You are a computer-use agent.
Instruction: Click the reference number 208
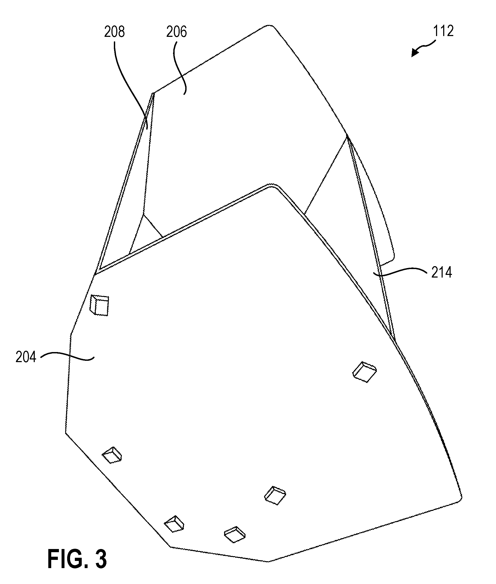point(114,32)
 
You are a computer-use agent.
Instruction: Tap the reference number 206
point(176,32)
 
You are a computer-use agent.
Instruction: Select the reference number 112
point(443,31)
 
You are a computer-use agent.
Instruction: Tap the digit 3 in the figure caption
point(101,559)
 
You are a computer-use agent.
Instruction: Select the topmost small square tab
point(99,305)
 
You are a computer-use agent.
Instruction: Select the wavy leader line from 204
point(67,357)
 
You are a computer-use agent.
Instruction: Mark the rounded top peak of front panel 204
point(271,186)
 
